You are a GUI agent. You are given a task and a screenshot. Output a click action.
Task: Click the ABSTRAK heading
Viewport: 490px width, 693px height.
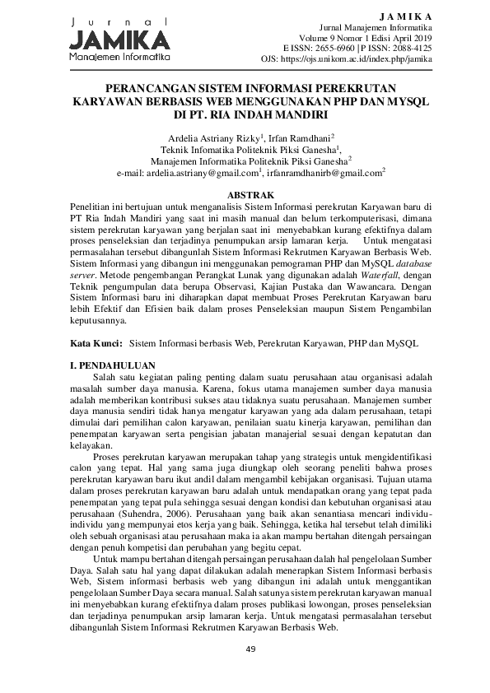tap(245, 191)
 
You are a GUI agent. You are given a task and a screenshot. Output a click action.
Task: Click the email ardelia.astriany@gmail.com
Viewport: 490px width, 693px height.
tap(202, 174)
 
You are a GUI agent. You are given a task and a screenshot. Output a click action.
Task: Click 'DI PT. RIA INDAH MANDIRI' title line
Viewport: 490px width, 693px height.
tap(245, 112)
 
